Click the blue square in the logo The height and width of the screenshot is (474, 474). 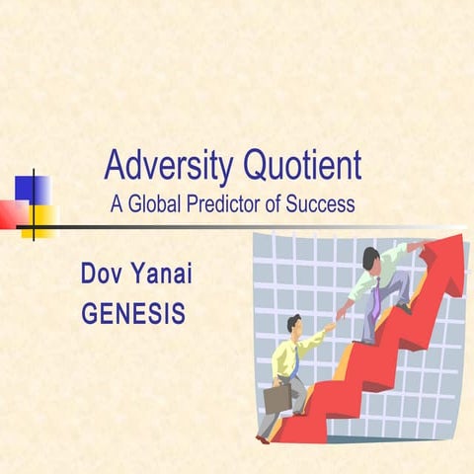[x=29, y=188]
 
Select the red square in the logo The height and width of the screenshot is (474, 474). [x=12, y=212]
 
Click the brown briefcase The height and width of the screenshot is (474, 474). [x=277, y=397]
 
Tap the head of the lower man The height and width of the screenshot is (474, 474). [x=293, y=324]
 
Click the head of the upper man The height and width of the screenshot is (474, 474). [x=369, y=259]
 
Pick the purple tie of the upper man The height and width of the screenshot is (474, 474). [x=375, y=296]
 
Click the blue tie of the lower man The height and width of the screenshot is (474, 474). [x=293, y=362]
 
